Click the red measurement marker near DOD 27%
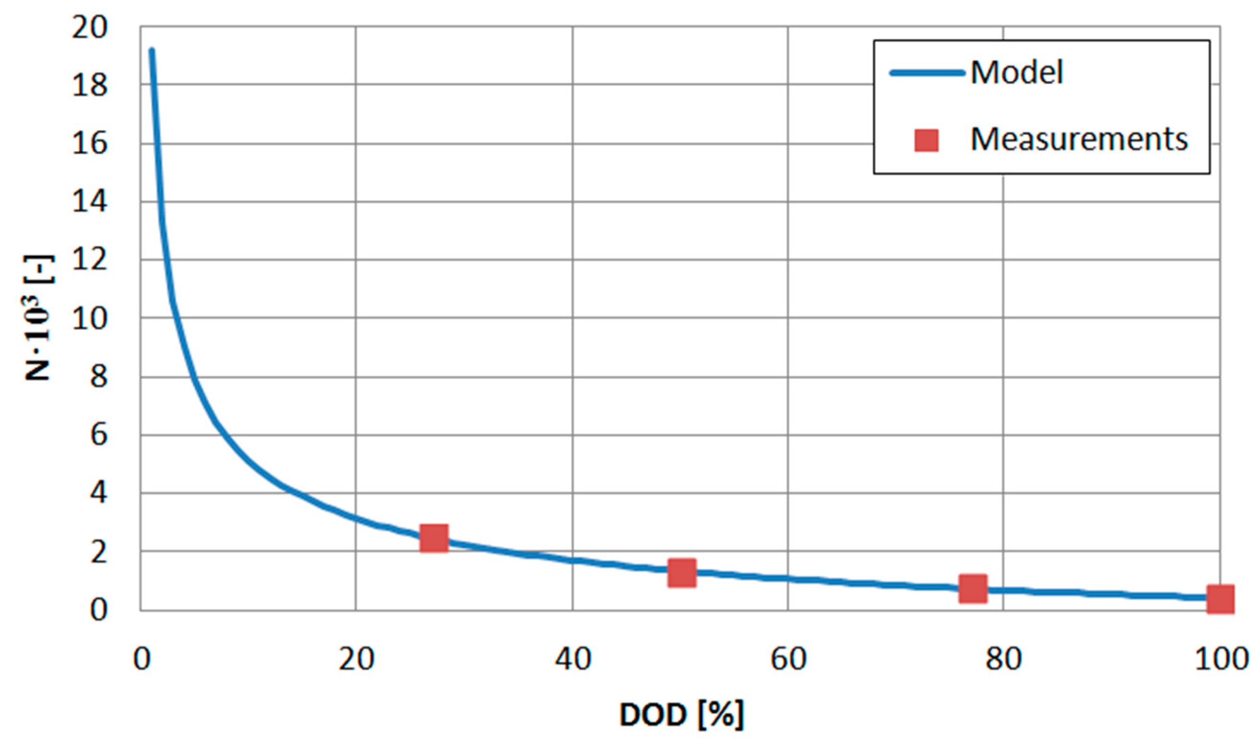pyautogui.click(x=433, y=538)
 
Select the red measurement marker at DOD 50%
pyautogui.click(x=681, y=573)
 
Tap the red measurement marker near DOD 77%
pyautogui.click(x=973, y=588)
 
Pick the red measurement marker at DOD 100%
pyautogui.click(x=1220, y=599)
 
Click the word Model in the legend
pyautogui.click(x=1016, y=72)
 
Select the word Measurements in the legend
pyautogui.click(x=1079, y=139)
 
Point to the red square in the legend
pyautogui.click(x=926, y=140)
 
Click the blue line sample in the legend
pyautogui.click(x=927, y=73)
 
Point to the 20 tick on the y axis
pyautogui.click(x=90, y=28)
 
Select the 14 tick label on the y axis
pyautogui.click(x=90, y=202)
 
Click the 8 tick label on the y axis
pyautogui.click(x=98, y=376)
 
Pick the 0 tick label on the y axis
pyautogui.click(x=98, y=611)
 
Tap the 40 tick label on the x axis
pyautogui.click(x=572, y=659)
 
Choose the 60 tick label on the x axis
pyautogui.click(x=788, y=659)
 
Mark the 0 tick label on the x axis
pyautogui.click(x=142, y=659)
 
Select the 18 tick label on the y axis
pyautogui.click(x=90, y=86)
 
